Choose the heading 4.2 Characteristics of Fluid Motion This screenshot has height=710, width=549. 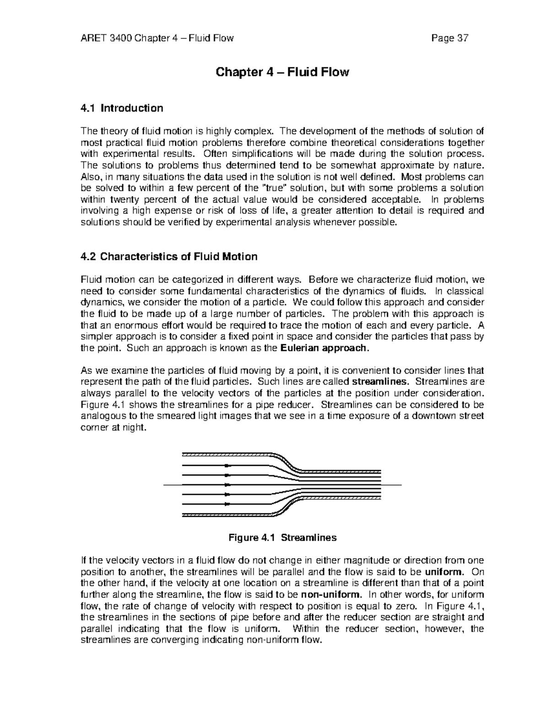coord(169,256)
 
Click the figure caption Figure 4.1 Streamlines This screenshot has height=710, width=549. coord(282,538)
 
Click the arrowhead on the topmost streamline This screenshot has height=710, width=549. coord(226,466)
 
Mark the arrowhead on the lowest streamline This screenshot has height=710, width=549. coord(226,504)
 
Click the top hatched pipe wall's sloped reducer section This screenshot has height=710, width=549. coord(287,461)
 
